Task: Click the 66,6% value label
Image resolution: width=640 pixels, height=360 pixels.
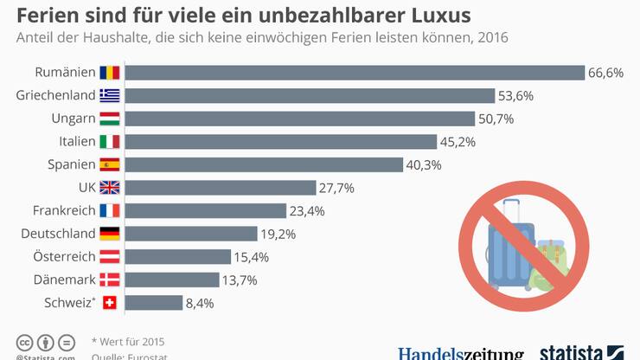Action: (605, 73)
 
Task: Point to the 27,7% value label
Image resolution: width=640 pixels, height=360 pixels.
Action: (336, 188)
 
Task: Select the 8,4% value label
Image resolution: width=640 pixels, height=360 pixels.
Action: (200, 303)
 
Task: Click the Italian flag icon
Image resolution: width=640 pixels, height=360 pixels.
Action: (110, 141)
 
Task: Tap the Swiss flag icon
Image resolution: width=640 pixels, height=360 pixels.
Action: (110, 303)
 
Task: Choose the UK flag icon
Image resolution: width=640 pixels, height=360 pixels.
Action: (110, 188)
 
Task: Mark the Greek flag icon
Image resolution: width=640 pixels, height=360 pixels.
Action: (110, 95)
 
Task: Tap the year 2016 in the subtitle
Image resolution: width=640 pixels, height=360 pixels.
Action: (490, 38)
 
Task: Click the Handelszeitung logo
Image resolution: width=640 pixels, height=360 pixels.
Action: (460, 353)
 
